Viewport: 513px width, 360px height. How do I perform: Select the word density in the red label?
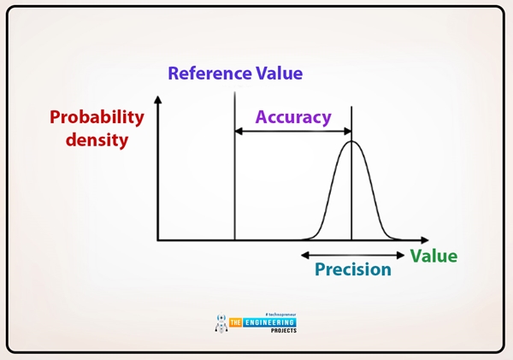click(x=97, y=139)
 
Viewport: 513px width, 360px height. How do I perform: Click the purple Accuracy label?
click(x=293, y=116)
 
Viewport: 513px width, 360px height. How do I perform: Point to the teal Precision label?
click(x=352, y=269)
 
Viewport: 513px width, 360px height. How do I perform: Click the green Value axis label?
click(x=433, y=256)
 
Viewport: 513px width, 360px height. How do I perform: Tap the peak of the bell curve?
click(x=351, y=142)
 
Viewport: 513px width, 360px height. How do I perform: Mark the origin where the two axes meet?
click(x=157, y=240)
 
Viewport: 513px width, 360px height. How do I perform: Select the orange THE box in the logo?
click(x=239, y=322)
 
